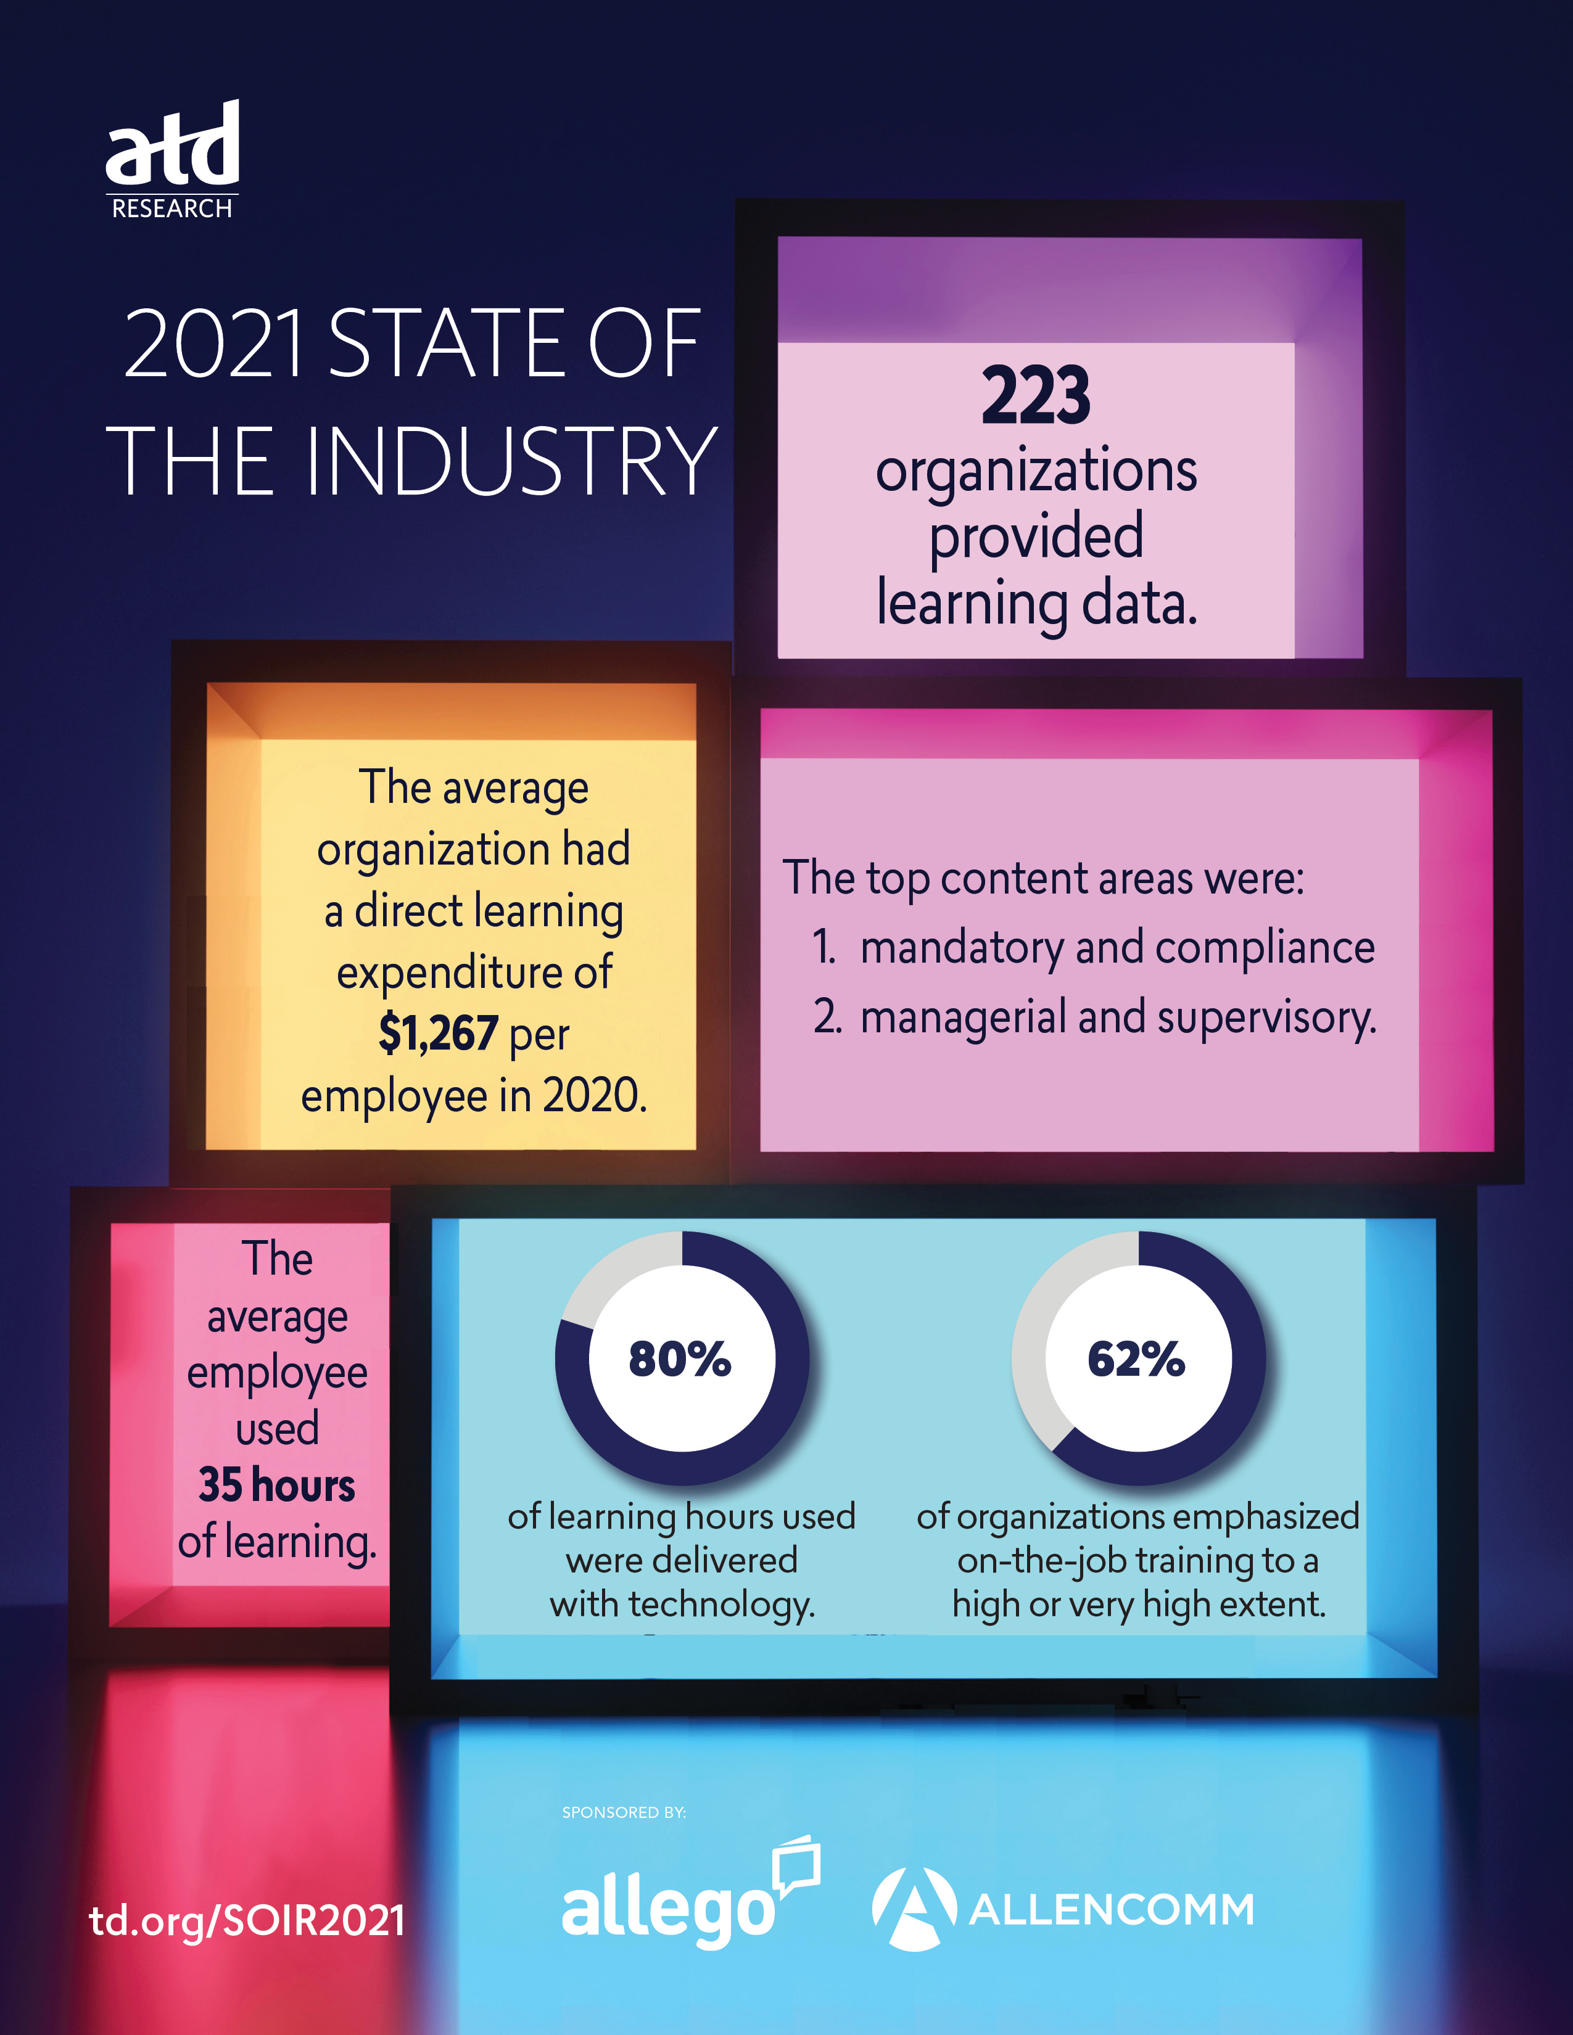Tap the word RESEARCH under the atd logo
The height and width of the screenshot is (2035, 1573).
172,208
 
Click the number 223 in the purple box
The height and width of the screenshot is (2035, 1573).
1035,396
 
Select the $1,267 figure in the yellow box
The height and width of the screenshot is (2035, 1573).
438,1034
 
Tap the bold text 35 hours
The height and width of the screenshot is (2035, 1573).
277,1486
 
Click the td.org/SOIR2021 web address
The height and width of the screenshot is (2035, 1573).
247,1920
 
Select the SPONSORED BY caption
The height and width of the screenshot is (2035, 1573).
624,1812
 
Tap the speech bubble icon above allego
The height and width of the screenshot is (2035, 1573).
798,1864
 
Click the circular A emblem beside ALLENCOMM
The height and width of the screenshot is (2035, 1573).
914,1909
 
